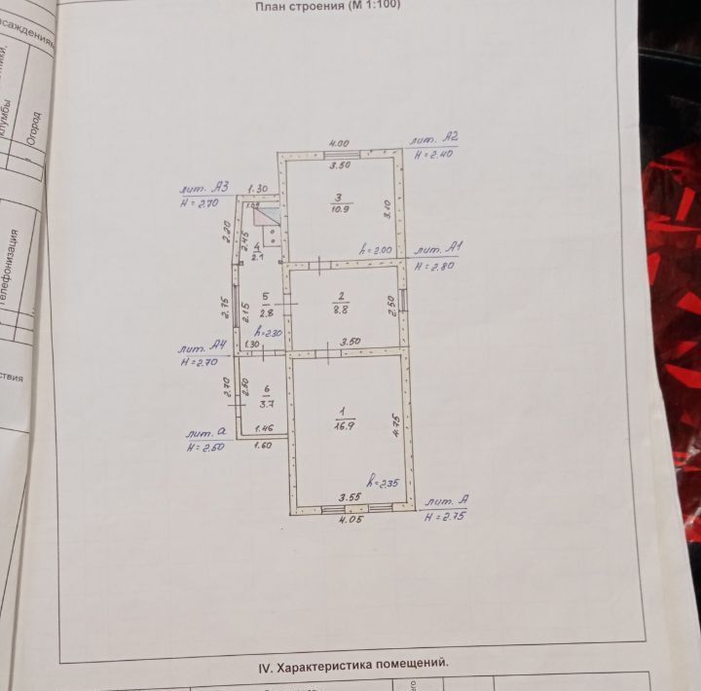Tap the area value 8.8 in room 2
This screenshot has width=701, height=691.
tap(341, 310)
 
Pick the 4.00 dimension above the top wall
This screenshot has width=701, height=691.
tap(339, 143)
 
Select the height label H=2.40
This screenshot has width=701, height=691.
tap(434, 154)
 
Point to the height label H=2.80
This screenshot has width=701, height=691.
tap(434, 266)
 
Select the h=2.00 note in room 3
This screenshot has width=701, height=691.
tap(376, 250)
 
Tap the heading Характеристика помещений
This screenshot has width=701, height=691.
tap(352, 668)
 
